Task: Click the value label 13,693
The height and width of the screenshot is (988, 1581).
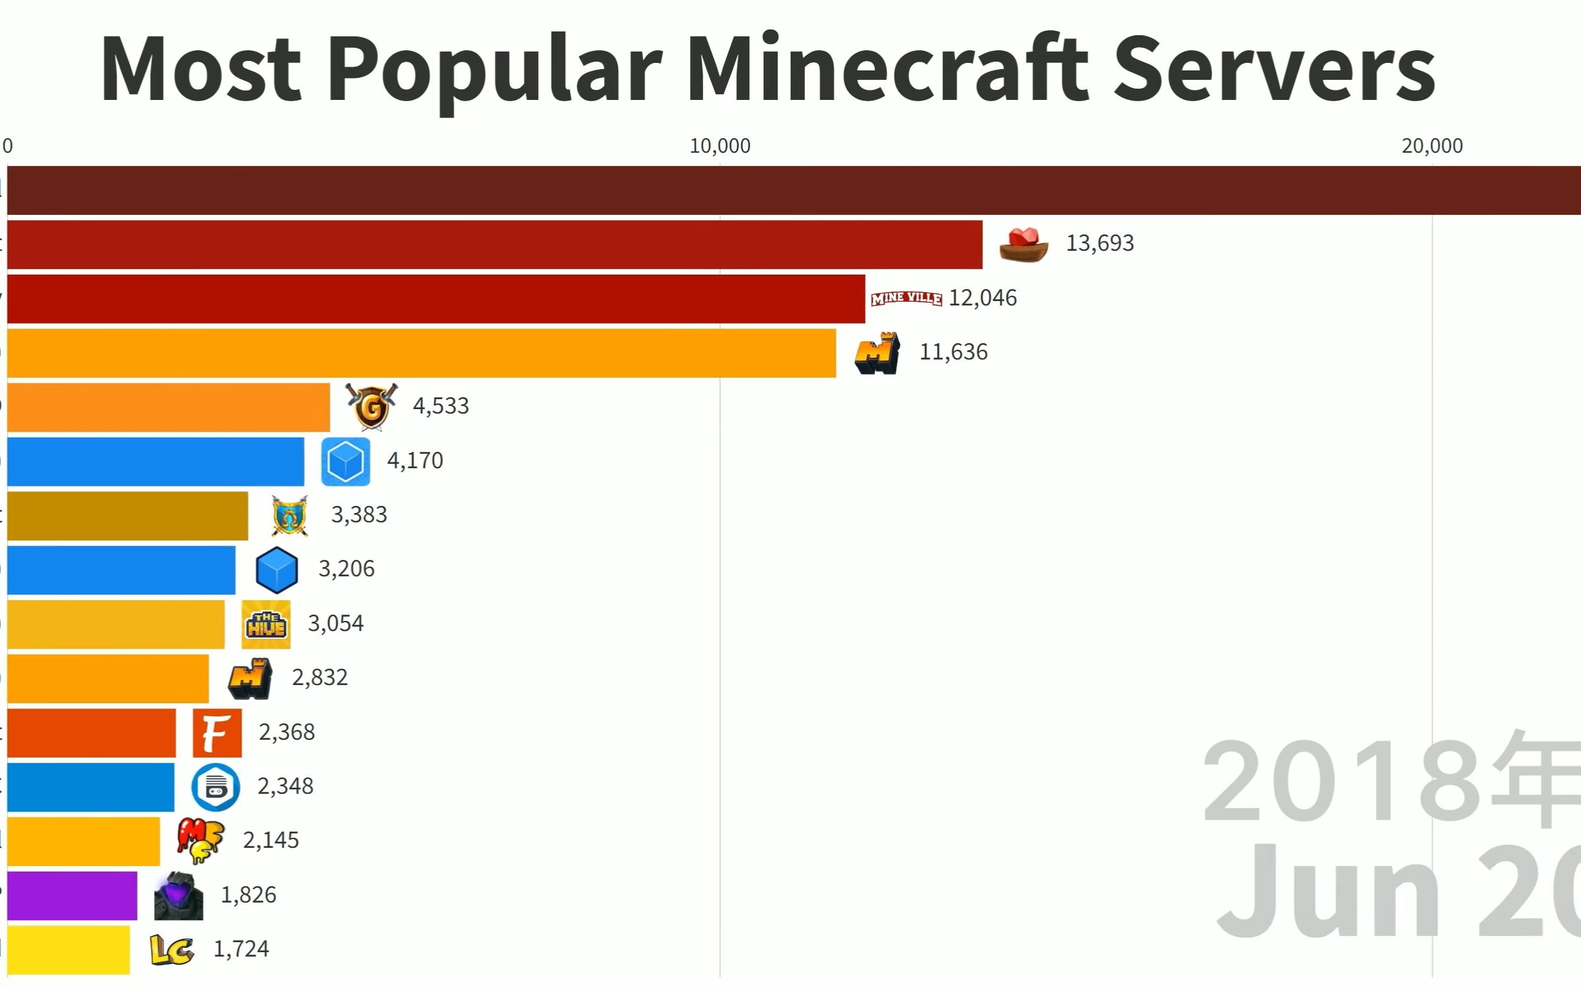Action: (1099, 243)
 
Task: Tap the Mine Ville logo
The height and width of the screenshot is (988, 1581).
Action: (906, 298)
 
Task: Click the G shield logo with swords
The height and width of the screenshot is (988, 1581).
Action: (372, 407)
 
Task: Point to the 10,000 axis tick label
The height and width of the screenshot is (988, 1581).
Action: (720, 146)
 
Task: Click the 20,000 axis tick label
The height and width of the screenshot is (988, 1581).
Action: (1431, 146)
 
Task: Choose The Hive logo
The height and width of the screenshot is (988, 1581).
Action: (265, 624)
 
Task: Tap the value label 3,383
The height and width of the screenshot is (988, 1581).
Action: (359, 515)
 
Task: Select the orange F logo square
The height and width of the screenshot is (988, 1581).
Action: (217, 732)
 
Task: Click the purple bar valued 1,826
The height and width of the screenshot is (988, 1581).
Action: (72, 895)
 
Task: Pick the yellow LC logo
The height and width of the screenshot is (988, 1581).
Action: (171, 950)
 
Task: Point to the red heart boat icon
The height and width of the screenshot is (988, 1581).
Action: (1023, 244)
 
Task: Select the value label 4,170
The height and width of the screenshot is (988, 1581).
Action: (415, 461)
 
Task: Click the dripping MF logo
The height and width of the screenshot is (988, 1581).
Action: (200, 840)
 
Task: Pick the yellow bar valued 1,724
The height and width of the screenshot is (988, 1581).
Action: (69, 950)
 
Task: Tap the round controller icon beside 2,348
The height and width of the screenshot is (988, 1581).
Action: (215, 787)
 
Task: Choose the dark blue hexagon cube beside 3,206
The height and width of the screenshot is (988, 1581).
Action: (277, 570)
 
